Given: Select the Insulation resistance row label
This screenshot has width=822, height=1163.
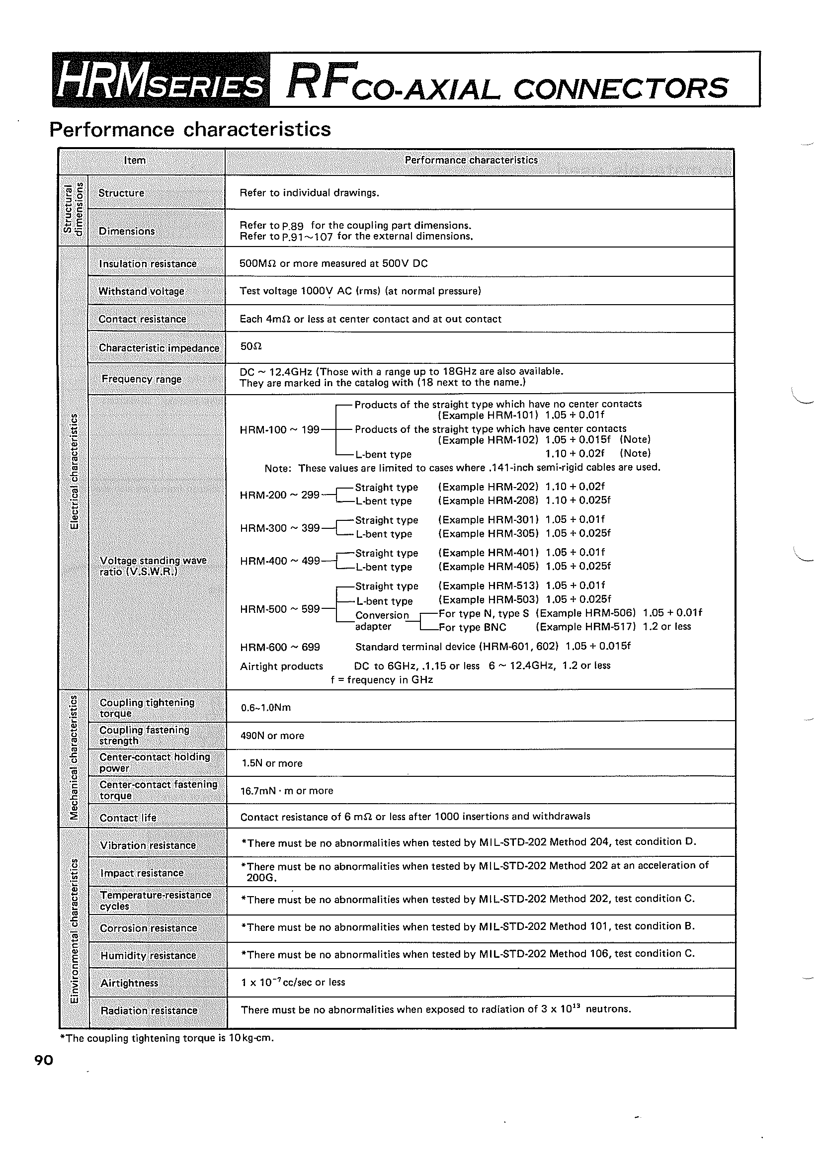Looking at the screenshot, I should click(148, 263).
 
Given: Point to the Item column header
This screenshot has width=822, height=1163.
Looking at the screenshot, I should click(135, 160).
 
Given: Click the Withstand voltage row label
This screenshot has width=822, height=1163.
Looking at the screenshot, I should click(141, 291).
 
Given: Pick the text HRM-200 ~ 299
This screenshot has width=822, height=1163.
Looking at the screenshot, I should click(280, 494).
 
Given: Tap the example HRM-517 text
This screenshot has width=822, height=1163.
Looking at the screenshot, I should click(585, 627).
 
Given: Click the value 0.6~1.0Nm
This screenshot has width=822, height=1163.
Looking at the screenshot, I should click(266, 707).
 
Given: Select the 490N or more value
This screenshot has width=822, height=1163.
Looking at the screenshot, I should click(272, 736).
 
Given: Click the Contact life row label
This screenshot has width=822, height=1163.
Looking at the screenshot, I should click(128, 818).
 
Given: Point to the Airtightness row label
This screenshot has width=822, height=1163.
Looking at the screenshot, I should click(130, 983).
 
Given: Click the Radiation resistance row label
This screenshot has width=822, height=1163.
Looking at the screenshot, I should click(149, 1010).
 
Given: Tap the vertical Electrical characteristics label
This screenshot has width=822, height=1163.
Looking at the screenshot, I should click(74, 471).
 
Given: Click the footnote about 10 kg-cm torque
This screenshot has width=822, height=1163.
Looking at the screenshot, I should click(166, 1038).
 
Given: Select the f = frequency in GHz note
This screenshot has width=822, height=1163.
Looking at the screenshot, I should click(382, 679).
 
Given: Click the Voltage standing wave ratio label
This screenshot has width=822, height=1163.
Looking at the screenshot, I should click(153, 566).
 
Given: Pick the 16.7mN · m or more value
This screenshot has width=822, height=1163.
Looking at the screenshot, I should click(287, 791).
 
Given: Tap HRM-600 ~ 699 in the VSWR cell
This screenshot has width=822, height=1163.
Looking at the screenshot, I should click(280, 647).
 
